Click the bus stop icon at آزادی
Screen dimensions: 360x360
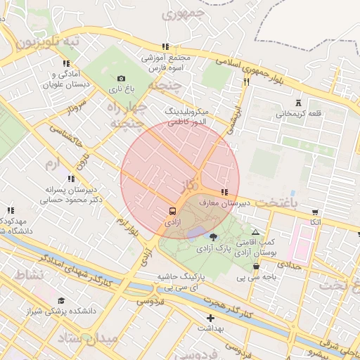(x=172, y=210)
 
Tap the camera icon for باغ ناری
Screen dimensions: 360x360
(x=121, y=78)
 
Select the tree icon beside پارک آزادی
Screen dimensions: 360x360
(x=214, y=238)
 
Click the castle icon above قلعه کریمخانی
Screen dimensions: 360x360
(x=299, y=103)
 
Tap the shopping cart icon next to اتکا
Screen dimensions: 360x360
(x=314, y=212)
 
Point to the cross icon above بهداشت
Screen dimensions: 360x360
(x=210, y=318)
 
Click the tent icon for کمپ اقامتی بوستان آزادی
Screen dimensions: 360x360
(x=255, y=232)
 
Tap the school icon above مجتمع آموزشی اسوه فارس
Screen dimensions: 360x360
(x=164, y=45)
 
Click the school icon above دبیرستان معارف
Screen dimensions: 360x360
(x=224, y=192)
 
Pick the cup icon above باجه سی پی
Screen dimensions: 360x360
(x=256, y=266)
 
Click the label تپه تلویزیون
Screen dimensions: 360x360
(x=48, y=42)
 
